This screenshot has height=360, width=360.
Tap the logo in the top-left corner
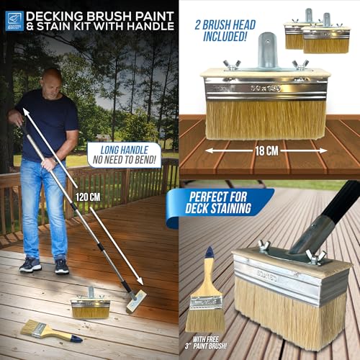click(14, 20)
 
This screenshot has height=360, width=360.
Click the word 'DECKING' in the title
click(60, 13)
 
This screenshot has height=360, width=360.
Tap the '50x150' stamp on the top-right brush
click(265, 86)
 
